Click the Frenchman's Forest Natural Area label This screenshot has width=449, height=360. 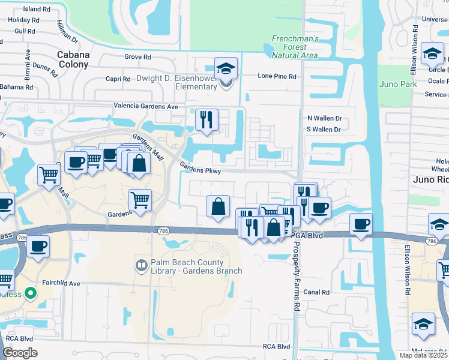[x=295, y=46]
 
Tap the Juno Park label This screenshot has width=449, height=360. [x=398, y=84]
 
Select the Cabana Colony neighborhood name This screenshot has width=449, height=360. [x=73, y=59]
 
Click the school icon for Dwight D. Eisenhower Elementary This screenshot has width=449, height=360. [x=226, y=69]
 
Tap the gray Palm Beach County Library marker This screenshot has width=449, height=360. [x=141, y=265]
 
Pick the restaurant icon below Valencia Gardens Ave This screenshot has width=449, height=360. [x=206, y=119]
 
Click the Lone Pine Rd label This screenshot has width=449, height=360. [x=277, y=77]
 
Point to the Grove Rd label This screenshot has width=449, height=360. [x=137, y=57]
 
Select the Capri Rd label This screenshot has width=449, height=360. [x=118, y=79]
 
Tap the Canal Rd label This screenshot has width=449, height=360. [x=316, y=292]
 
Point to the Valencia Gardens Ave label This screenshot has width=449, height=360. [x=146, y=106]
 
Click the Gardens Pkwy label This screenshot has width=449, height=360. [x=200, y=170]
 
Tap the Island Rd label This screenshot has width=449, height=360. [x=37, y=10]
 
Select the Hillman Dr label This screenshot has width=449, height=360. [x=67, y=30]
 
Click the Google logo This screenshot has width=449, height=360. [x=20, y=352]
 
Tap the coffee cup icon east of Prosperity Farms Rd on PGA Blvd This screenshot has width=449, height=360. [x=361, y=224]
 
